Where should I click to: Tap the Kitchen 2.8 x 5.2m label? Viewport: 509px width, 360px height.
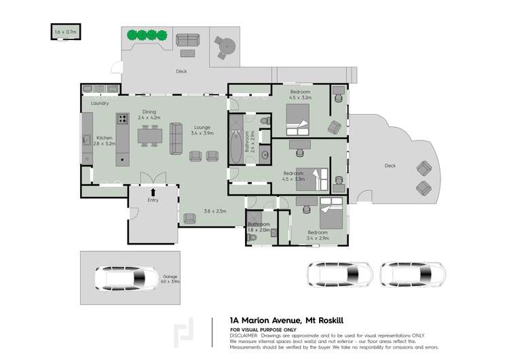104,141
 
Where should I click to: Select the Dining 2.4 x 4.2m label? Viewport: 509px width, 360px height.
149,115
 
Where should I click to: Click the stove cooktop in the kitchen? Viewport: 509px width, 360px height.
123,119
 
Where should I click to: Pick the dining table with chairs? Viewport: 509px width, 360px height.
149,136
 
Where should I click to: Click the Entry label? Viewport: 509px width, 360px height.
152,200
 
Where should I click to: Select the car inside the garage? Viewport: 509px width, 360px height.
123,278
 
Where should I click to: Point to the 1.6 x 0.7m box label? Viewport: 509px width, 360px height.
66,31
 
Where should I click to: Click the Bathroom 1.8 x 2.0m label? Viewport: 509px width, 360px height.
259,227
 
